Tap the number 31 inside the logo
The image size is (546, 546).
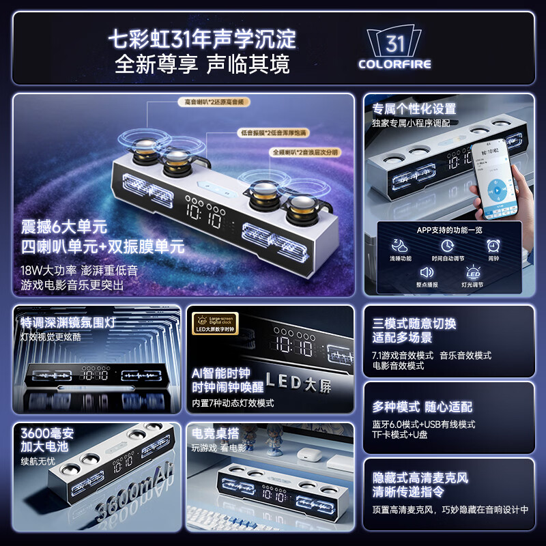395,43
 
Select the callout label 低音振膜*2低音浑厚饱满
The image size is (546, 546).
273,132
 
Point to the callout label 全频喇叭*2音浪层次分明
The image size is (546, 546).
304,152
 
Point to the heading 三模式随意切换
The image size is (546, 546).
414,324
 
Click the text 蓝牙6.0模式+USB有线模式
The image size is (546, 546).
424,424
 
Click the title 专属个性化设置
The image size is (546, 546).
414,109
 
